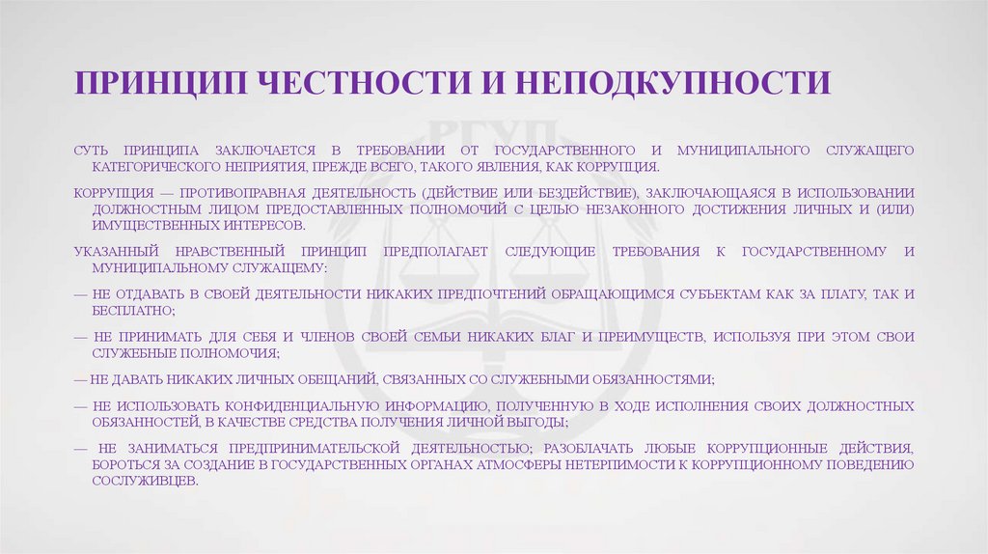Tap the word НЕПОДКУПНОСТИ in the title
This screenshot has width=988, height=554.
click(x=672, y=83)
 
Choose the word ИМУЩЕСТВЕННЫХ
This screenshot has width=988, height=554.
click(x=157, y=225)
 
